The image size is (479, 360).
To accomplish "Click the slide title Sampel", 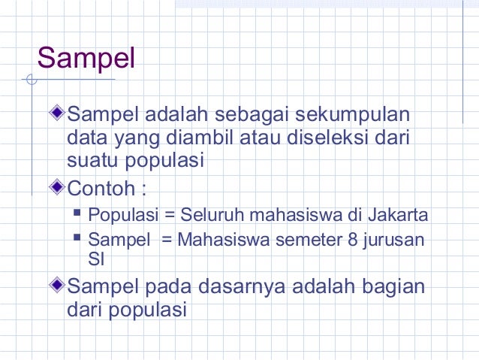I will (x=86, y=58).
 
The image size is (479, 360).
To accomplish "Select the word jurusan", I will (x=391, y=241).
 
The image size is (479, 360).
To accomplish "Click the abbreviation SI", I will (x=95, y=259).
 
